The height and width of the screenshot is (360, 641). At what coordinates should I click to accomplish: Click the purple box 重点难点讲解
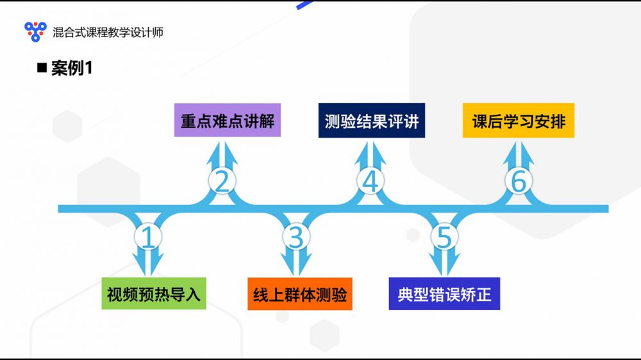[228, 120]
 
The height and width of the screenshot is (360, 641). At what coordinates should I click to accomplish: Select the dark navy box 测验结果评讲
[372, 120]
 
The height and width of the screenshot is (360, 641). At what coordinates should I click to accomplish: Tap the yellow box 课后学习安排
[519, 120]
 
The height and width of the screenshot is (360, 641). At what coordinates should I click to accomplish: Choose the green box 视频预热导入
[154, 294]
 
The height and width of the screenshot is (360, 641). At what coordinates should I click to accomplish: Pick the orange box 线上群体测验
[300, 294]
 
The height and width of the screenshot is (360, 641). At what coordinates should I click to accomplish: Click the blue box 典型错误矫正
[444, 294]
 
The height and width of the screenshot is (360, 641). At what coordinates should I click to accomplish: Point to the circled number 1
[149, 238]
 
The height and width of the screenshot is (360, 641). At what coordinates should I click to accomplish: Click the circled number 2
[222, 182]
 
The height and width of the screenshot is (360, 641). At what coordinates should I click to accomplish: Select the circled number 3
[296, 238]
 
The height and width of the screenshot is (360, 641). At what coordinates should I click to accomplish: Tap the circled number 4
[370, 182]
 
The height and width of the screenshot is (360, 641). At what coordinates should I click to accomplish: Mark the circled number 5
[444, 238]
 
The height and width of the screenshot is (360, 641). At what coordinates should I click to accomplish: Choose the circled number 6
[518, 182]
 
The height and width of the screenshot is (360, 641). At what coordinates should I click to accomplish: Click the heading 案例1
[72, 69]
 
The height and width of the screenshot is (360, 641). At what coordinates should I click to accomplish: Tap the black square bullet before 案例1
[42, 68]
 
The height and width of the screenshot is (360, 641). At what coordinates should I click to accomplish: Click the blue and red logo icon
[35, 31]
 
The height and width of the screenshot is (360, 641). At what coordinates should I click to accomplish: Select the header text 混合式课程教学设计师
[108, 31]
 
